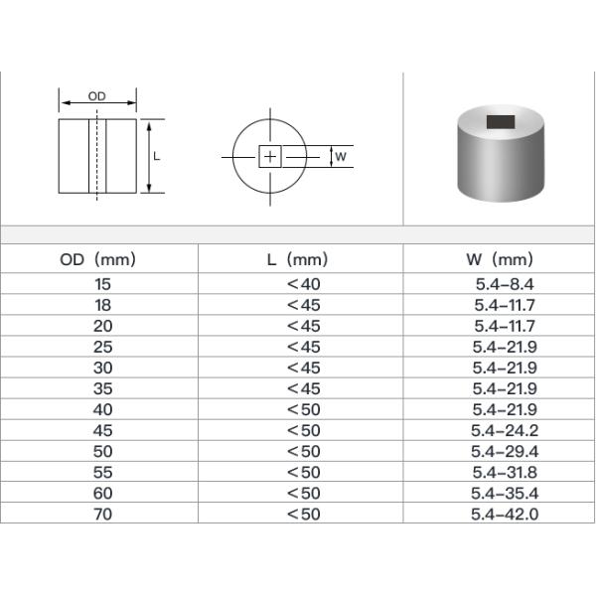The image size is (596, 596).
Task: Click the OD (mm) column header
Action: pos(97,260)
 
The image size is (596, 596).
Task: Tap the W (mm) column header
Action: pos(499,260)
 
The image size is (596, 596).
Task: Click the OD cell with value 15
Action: pos(102,284)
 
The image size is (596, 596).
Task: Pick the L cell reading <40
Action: pos(303,284)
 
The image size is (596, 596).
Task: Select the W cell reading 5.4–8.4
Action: pos(505,284)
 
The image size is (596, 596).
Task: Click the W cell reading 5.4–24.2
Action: pos(505,430)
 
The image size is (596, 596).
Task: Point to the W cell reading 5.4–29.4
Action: pos(505,451)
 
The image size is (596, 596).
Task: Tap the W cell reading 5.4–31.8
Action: pos(505,472)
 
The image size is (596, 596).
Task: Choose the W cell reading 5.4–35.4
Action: pos(505,493)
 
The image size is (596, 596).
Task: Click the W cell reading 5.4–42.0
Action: pos(505,514)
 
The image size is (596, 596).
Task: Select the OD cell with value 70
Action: pos(102,514)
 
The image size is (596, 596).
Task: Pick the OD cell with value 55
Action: pos(102,472)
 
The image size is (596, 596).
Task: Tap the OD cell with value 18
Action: pos(102,305)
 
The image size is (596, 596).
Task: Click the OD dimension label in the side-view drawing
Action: pos(97,96)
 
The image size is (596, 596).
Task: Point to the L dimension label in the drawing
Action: pos(158,156)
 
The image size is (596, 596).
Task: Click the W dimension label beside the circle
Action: pos(341,157)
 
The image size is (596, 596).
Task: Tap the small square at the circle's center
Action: pos(270,157)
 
